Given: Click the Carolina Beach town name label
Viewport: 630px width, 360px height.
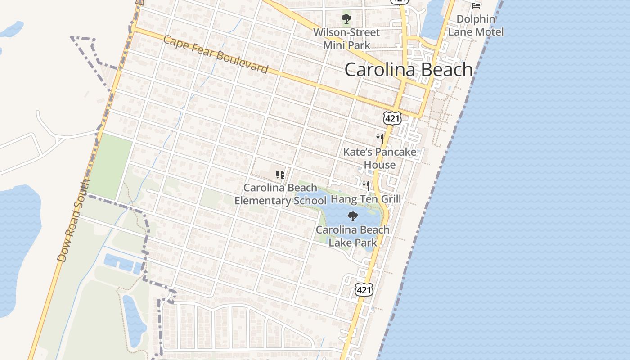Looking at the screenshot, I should pos(409,70).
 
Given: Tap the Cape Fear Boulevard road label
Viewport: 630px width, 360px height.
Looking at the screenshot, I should pos(216,55).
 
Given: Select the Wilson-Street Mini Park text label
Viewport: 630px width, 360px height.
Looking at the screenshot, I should pos(346,39).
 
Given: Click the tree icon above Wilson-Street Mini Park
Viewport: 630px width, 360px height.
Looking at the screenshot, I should pos(346,19).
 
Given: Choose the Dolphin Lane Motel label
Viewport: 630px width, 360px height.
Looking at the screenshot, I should pos(476,26).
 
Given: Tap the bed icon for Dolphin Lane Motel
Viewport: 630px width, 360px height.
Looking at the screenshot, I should pos(476,6).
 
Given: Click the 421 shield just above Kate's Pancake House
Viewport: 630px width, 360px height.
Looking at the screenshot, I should pos(392,118).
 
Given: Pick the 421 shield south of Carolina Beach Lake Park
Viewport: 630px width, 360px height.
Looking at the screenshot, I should pos(364,290).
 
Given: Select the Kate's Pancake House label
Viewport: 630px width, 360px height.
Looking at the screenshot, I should pos(380,158).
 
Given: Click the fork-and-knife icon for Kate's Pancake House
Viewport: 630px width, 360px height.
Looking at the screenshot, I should pos(380,138).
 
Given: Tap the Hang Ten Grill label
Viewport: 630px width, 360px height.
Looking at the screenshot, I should pos(366,199).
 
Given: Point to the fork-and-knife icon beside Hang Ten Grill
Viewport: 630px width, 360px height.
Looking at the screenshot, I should pos(366,185).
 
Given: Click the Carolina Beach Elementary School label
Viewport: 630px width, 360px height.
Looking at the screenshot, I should pos(280,194).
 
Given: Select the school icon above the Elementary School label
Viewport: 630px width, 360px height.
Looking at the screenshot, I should pos(280,174).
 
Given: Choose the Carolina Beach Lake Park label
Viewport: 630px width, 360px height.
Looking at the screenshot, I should pos(353,236).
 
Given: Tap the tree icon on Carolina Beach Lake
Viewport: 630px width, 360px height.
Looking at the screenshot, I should pos(353,216).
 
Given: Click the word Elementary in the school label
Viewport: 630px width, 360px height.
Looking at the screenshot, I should pos(263,200).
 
